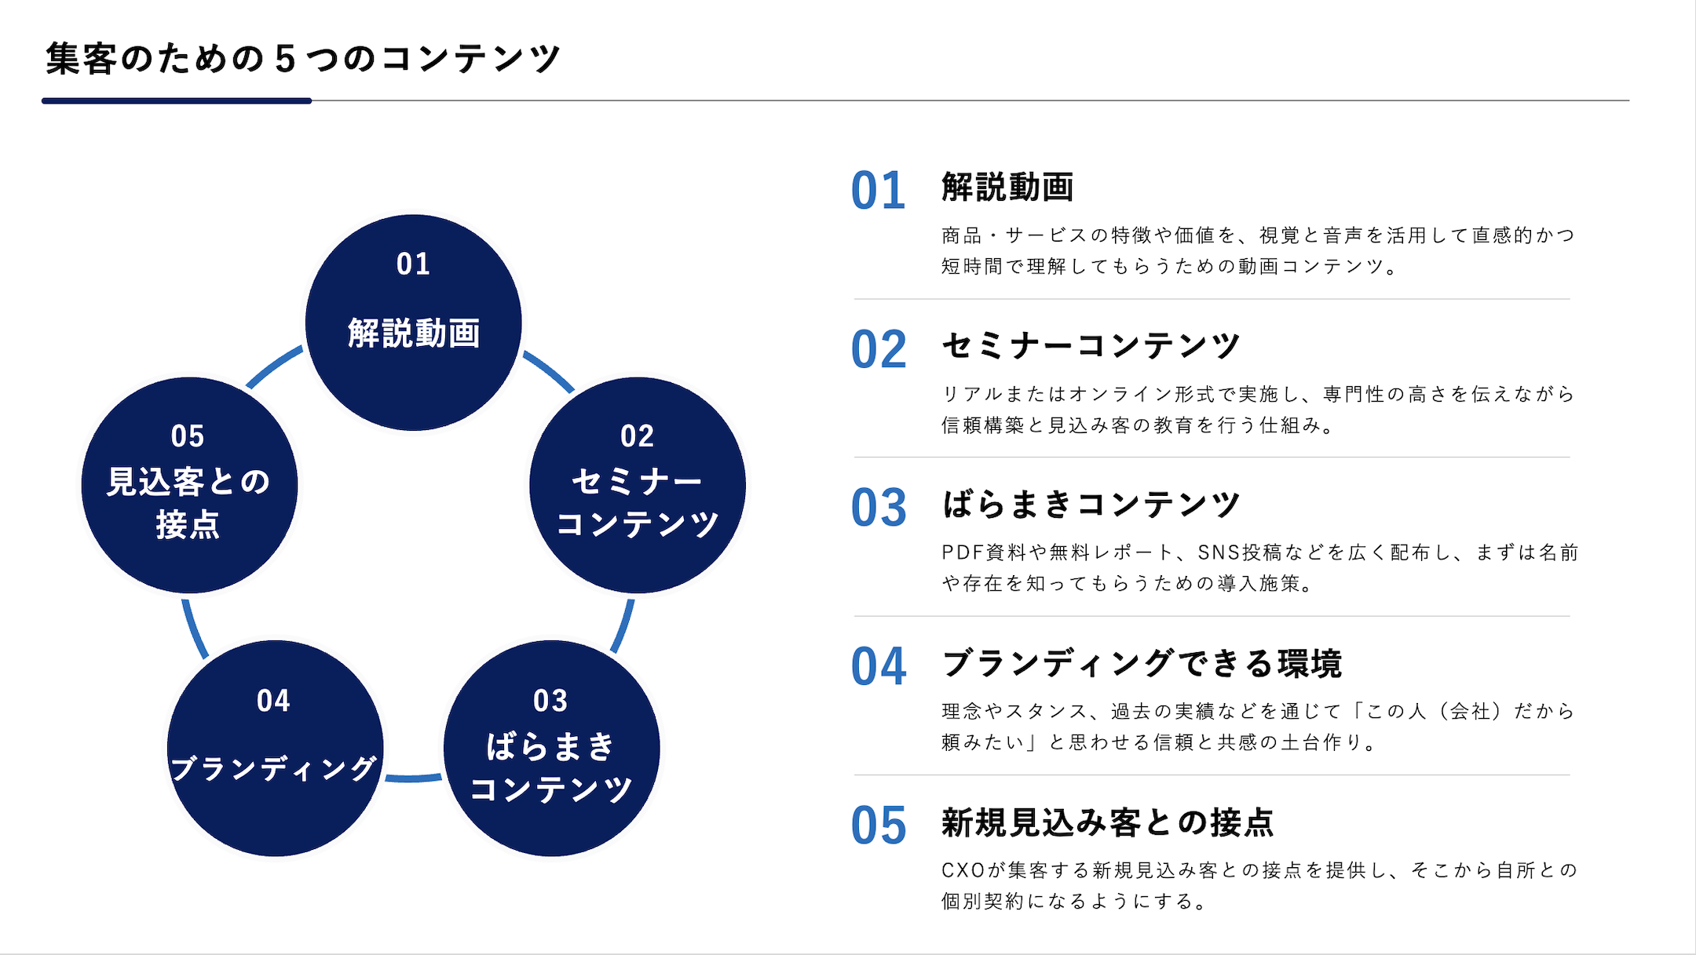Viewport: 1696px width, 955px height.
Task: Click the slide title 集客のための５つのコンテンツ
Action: tap(303, 60)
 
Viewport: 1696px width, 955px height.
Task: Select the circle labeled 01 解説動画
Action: tap(413, 323)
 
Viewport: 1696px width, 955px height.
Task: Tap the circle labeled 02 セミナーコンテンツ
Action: tap(637, 485)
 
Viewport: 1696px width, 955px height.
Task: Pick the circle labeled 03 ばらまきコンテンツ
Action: tap(551, 748)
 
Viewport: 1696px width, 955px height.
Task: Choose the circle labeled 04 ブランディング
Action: tap(275, 748)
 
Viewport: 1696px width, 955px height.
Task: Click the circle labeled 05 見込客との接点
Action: tap(189, 485)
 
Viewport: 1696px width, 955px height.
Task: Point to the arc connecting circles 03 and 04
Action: tap(413, 778)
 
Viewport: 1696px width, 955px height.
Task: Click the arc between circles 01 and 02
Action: tap(550, 370)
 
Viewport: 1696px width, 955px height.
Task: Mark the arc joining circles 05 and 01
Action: tap(275, 366)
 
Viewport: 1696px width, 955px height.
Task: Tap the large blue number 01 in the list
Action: tap(878, 191)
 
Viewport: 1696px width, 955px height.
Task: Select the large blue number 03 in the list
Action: tap(878, 508)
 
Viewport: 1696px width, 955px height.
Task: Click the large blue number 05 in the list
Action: tap(878, 826)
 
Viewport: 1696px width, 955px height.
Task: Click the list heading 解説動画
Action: tap(1007, 188)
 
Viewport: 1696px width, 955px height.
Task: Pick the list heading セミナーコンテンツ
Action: tap(1091, 346)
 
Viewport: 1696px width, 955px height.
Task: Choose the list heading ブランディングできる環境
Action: tap(1142, 664)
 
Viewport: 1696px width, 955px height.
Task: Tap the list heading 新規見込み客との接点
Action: tap(1107, 822)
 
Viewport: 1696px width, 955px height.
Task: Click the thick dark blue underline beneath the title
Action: tap(177, 100)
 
